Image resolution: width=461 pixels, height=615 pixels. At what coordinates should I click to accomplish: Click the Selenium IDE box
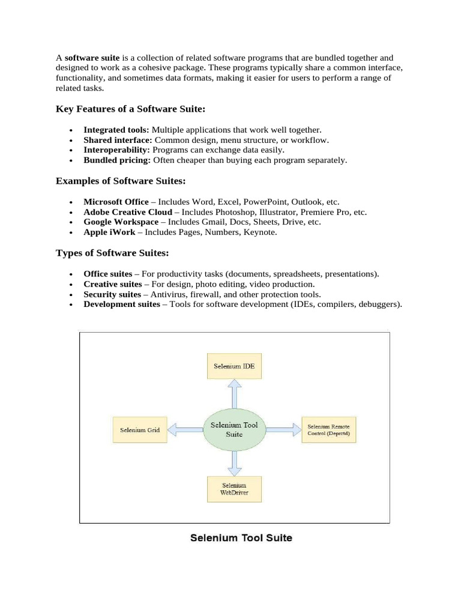pyautogui.click(x=234, y=365)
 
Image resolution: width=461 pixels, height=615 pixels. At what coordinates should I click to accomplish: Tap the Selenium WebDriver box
pyautogui.click(x=234, y=489)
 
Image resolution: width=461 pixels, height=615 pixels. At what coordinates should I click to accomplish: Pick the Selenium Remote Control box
pyautogui.click(x=328, y=429)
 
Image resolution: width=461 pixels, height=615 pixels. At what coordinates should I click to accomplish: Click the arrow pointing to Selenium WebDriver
pyautogui.click(x=234, y=463)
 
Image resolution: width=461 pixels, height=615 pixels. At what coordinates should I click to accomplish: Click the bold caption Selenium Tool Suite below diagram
pyautogui.click(x=241, y=538)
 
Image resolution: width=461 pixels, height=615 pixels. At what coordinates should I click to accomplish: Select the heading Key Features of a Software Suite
pyautogui.click(x=131, y=109)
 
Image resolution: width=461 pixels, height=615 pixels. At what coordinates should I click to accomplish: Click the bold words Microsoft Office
pyautogui.click(x=116, y=202)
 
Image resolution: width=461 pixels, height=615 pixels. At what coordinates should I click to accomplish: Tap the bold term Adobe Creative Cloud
pyautogui.click(x=128, y=212)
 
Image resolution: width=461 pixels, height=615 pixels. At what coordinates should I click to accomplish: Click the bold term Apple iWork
pyautogui.click(x=109, y=232)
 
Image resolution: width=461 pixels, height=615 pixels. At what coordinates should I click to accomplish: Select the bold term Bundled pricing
pyautogui.click(x=117, y=160)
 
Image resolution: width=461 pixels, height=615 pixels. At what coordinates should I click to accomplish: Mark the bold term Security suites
pyautogui.click(x=113, y=294)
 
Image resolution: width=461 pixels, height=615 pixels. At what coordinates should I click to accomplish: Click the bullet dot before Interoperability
pyautogui.click(x=71, y=151)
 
